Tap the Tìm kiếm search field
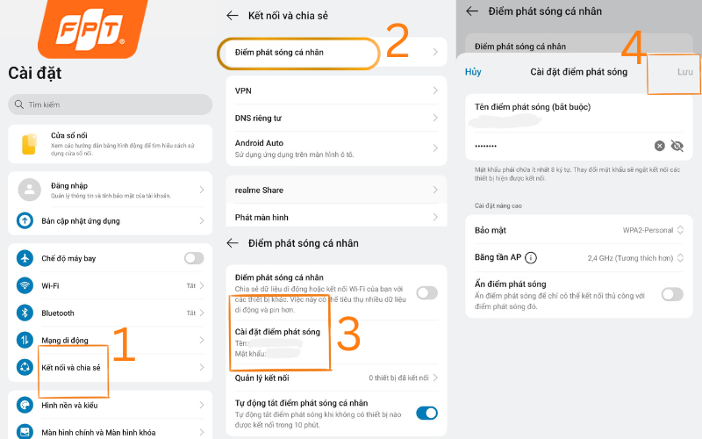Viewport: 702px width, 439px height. [110, 104]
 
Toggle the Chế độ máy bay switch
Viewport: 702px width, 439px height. [193, 258]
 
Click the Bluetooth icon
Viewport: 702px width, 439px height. [25, 313]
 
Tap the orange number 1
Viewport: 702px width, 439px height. [124, 345]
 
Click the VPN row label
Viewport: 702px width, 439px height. [244, 90]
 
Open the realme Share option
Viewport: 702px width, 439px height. [259, 190]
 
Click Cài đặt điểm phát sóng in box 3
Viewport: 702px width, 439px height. [277, 332]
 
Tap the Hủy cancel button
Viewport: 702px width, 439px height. [473, 72]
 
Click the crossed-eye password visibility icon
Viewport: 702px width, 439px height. [677, 146]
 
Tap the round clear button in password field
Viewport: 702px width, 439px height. [659, 146]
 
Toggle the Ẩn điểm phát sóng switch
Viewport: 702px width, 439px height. [671, 294]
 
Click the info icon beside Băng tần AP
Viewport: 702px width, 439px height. [531, 258]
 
